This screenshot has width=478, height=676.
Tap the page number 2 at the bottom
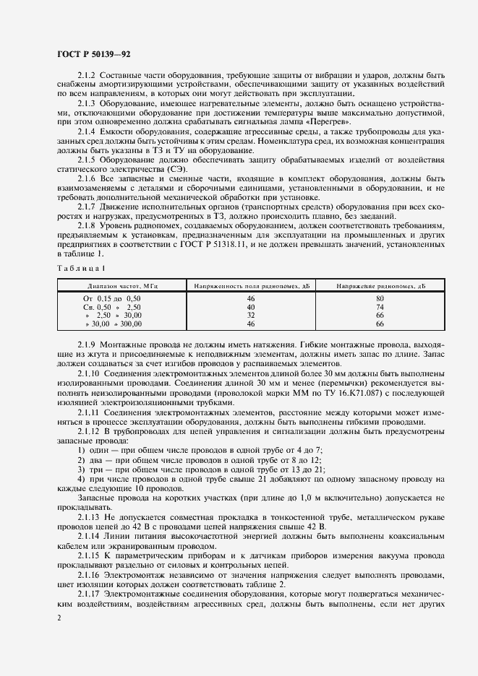coord(58,618)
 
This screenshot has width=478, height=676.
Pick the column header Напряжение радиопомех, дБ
coord(380,287)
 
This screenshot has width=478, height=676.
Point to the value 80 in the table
coord(380,298)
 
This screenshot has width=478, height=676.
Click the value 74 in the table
coord(380,307)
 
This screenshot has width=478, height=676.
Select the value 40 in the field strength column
coord(251,307)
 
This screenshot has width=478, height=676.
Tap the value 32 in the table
coord(251,316)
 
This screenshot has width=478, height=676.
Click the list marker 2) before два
coord(81,459)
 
